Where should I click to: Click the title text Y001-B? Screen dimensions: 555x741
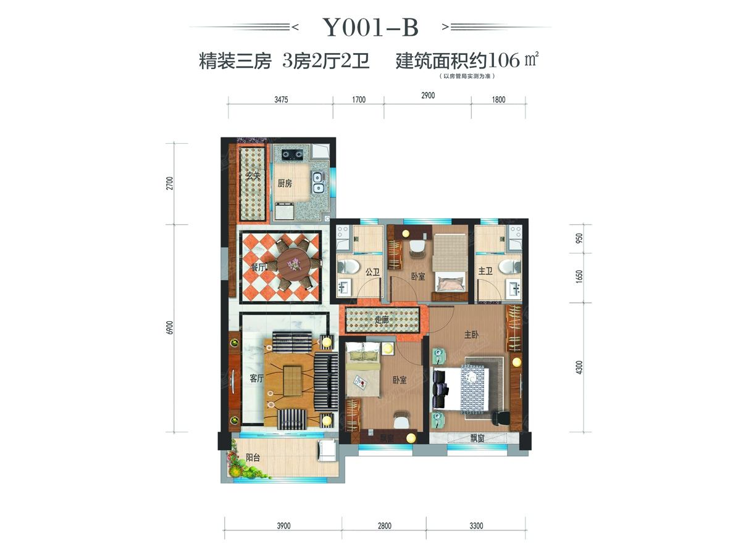click(x=370, y=27)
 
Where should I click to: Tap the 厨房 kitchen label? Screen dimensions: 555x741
click(x=284, y=183)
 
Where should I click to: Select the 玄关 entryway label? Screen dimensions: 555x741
click(x=253, y=178)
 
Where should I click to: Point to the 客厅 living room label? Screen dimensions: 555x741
click(x=256, y=379)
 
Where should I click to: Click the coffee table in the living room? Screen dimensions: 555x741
click(x=292, y=379)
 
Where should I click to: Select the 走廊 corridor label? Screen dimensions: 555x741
click(x=383, y=321)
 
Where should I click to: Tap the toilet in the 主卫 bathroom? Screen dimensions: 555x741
click(x=508, y=266)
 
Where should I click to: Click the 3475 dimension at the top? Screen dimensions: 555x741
click(x=280, y=99)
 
